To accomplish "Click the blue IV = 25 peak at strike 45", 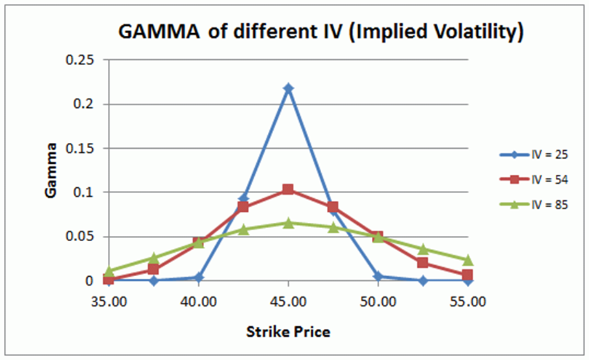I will coord(289,88).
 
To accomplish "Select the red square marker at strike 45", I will coord(289,190).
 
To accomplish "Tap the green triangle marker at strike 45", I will coord(289,223).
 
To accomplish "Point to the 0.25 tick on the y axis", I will coord(81,60).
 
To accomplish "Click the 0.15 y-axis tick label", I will coord(81,149).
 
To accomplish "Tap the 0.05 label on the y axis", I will coord(81,237).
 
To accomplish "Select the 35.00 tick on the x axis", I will coord(109,302).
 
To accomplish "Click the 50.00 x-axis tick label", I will coord(378,302).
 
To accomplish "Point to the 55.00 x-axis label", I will coord(468,302).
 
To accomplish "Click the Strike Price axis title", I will coord(288,332).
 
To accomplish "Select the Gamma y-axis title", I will coord(53,171).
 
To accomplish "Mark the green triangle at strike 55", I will coord(468,261).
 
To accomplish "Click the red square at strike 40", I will coord(198,242).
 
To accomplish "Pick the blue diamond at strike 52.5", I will coord(423,281).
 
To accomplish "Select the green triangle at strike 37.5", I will coord(153,258).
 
